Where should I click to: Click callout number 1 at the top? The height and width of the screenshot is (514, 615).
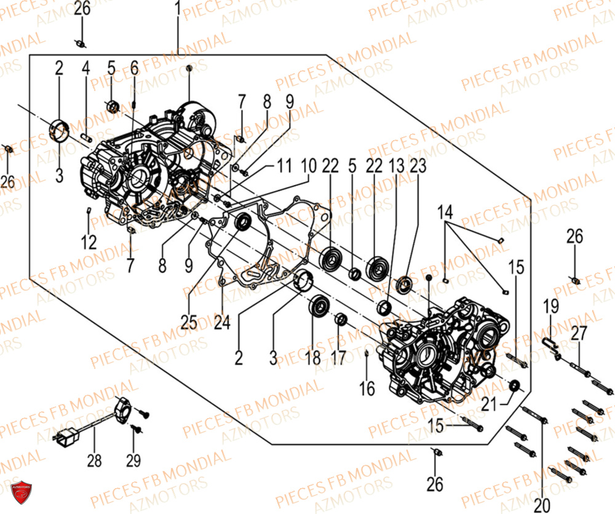(x=178, y=10)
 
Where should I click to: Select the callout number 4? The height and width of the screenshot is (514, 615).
(x=85, y=68)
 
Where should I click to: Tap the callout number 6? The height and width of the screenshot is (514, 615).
(x=133, y=69)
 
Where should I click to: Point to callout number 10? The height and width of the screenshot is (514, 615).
(x=309, y=166)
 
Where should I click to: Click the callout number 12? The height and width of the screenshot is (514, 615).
(x=90, y=242)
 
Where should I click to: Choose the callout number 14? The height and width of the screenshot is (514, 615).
(x=445, y=213)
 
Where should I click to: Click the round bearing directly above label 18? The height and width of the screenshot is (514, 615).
(x=319, y=306)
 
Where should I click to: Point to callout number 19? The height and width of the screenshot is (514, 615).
(x=550, y=306)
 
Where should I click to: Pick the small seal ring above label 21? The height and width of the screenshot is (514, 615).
(x=514, y=385)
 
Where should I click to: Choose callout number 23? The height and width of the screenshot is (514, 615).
(x=418, y=166)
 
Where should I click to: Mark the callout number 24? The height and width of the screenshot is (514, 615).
(x=222, y=321)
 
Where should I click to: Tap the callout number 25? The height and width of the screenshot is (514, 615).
(x=189, y=321)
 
